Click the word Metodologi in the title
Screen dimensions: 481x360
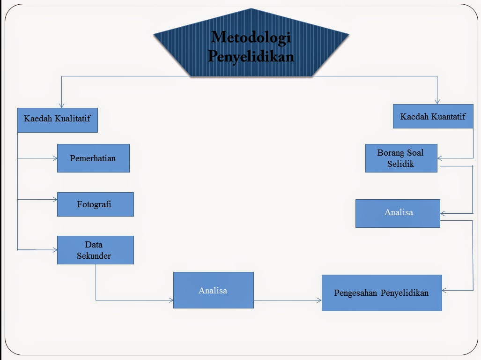(x=251, y=37)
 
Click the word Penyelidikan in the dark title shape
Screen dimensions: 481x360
(x=251, y=56)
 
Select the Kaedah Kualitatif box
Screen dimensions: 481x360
(x=58, y=120)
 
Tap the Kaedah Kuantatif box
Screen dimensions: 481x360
(x=433, y=116)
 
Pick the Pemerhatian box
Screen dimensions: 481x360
(x=93, y=158)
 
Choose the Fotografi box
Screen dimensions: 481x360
(x=95, y=204)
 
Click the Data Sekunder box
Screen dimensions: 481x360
(x=95, y=250)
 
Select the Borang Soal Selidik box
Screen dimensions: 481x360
(x=401, y=158)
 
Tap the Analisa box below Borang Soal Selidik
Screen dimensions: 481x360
(x=398, y=213)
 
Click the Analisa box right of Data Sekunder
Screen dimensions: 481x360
(x=213, y=290)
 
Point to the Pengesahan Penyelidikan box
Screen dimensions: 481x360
(x=381, y=293)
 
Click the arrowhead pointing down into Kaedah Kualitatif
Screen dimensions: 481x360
(x=61, y=106)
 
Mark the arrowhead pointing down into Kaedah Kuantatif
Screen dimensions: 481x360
(x=437, y=101)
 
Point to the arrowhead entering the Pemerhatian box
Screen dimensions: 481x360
(x=54, y=158)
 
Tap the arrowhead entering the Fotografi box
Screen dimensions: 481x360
(x=54, y=200)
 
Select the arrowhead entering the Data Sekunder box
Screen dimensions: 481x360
(x=54, y=250)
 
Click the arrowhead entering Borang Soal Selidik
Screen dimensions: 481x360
(x=440, y=158)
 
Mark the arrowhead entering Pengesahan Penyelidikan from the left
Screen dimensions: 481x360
(x=319, y=300)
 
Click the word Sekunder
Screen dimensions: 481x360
(x=94, y=255)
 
